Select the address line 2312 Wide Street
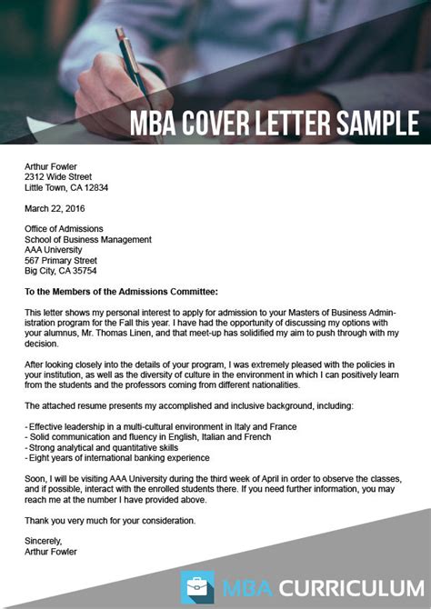[x=63, y=175]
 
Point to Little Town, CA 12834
[x=66, y=188]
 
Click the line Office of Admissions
[x=65, y=228]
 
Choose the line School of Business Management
[x=88, y=240]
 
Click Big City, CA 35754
[x=61, y=271]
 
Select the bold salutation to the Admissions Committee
[x=122, y=291]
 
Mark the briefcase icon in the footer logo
[x=197, y=586]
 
